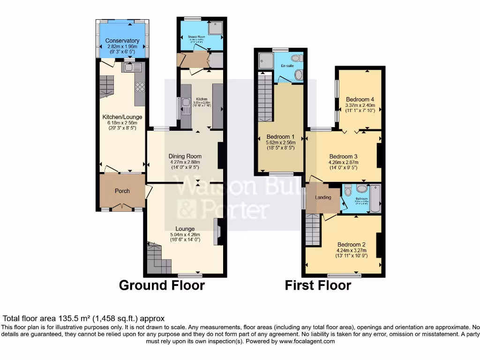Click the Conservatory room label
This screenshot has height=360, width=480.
[x=122, y=41]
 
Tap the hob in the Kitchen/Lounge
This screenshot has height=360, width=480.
[x=139, y=87]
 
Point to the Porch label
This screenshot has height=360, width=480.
[x=122, y=191]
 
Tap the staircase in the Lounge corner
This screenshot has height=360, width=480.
[x=157, y=259]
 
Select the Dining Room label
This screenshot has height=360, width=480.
[x=185, y=156]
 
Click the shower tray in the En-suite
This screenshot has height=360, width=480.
[x=265, y=60]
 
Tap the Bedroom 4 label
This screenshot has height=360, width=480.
[x=360, y=99]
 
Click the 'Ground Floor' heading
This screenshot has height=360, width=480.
[x=162, y=285]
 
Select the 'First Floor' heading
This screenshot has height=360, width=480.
[x=318, y=285]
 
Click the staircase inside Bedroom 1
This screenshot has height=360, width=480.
[x=265, y=98]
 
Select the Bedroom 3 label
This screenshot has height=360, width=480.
[x=344, y=157]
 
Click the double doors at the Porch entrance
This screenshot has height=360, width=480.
[x=122, y=207]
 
